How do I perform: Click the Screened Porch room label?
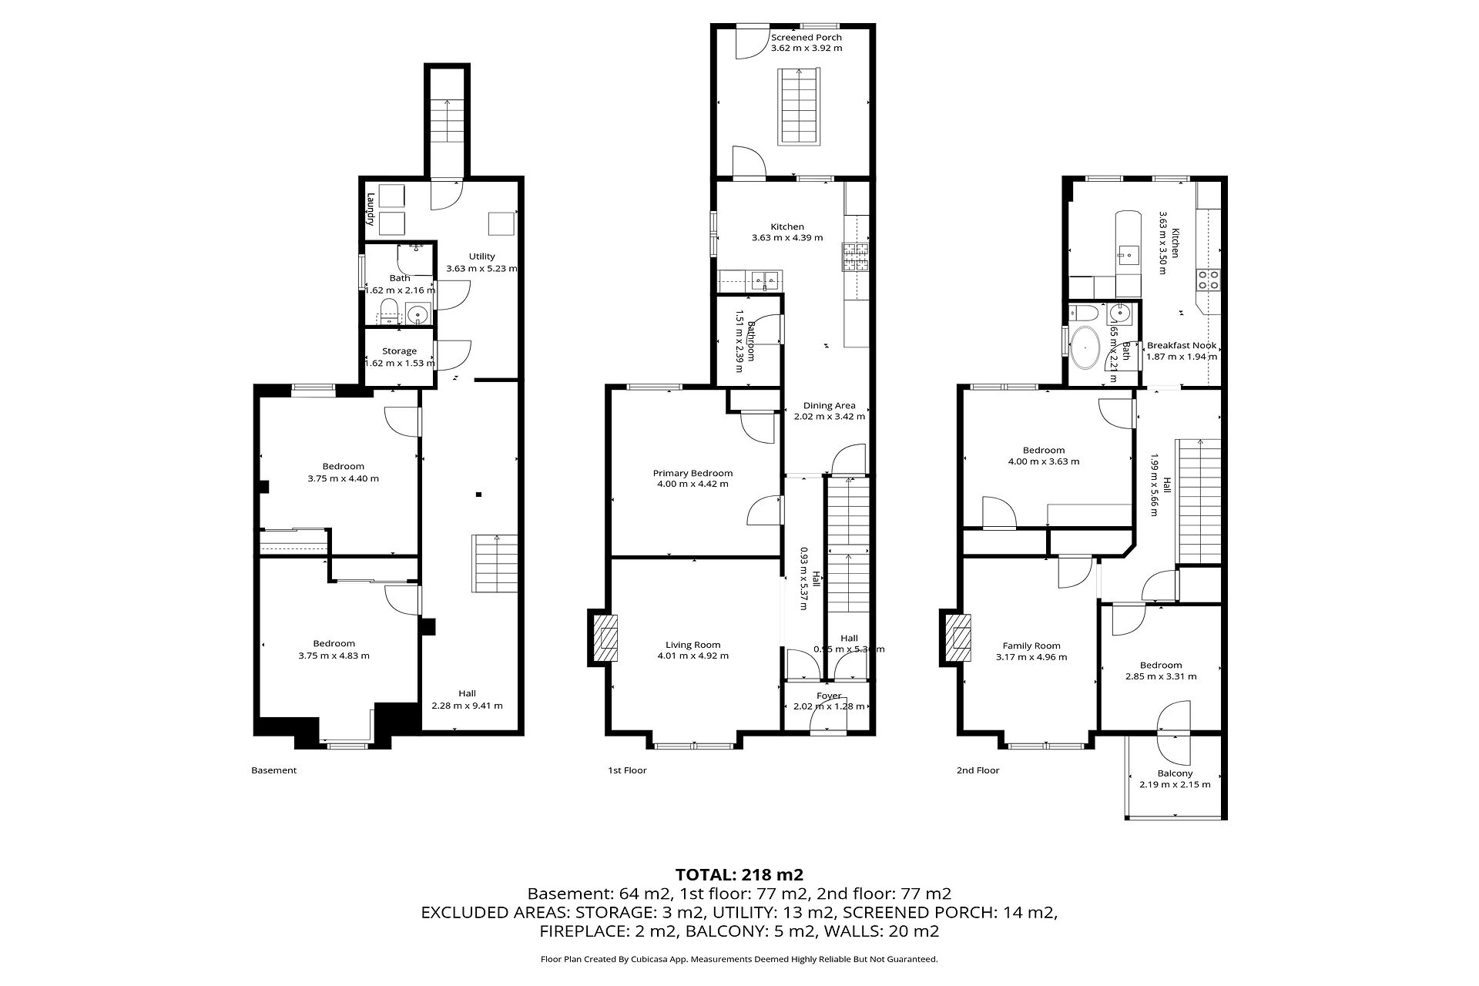[x=807, y=37]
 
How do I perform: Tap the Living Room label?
[x=693, y=646]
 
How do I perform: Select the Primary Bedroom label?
[x=693, y=473]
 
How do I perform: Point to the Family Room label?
[x=1031, y=646]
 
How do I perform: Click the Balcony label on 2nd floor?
[x=1175, y=773]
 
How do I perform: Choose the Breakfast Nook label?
[x=1182, y=346]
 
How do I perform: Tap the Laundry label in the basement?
[x=371, y=209]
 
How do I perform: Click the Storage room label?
[x=399, y=351]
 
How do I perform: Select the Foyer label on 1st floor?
[x=829, y=696]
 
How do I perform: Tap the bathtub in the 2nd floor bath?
[x=1086, y=346]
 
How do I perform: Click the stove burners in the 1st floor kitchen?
[x=854, y=257]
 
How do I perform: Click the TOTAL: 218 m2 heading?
[x=739, y=874]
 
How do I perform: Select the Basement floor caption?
[x=273, y=770]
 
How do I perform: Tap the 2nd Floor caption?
[x=978, y=770]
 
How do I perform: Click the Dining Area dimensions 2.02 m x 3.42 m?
[x=830, y=417]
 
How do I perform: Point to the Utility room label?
[x=482, y=257]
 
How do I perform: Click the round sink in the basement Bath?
[x=418, y=314]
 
